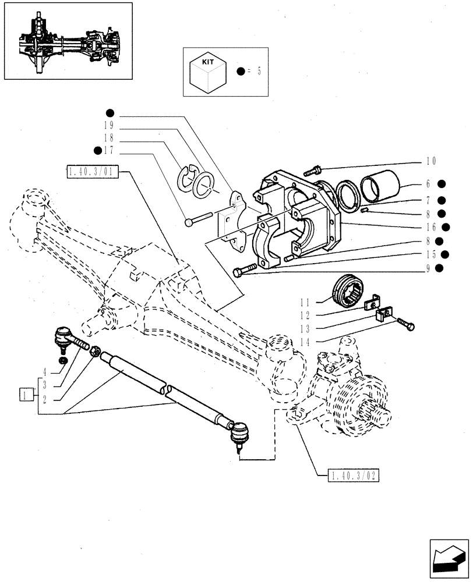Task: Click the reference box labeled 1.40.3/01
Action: (x=93, y=171)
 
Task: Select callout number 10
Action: (x=430, y=162)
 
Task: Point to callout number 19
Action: (x=108, y=126)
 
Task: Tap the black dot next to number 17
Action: (x=97, y=151)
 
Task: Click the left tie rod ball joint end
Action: (x=63, y=338)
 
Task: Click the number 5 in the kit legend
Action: (x=259, y=71)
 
